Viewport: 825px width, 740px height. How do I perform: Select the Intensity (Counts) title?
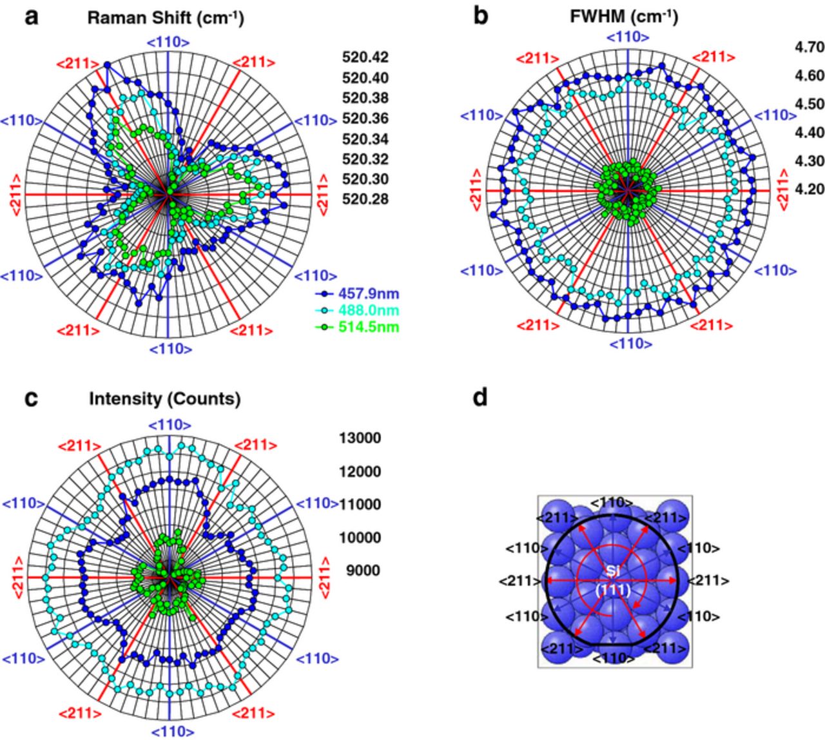click(164, 399)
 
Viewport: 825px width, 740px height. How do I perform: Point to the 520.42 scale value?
click(365, 58)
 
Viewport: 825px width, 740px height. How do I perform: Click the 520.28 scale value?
click(365, 199)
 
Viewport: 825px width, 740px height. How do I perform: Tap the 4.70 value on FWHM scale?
click(809, 47)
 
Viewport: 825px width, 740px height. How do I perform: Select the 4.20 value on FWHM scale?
click(809, 189)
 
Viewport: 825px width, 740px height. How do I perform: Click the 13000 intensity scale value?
click(360, 438)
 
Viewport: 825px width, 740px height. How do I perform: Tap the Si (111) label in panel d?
click(612, 580)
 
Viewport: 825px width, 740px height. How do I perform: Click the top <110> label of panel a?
click(169, 43)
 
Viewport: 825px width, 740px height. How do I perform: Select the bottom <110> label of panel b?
click(630, 344)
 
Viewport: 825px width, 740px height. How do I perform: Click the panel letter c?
click(32, 398)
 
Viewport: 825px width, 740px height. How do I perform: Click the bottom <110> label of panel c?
click(171, 732)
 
